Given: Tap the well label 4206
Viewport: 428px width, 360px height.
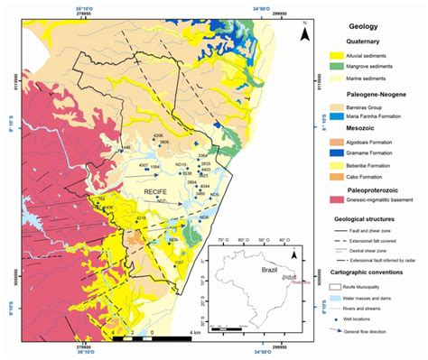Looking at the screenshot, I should coord(158,136).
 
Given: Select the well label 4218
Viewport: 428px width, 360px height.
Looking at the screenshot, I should coord(140,218).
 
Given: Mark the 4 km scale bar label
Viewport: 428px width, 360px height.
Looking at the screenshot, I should coord(193,333).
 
